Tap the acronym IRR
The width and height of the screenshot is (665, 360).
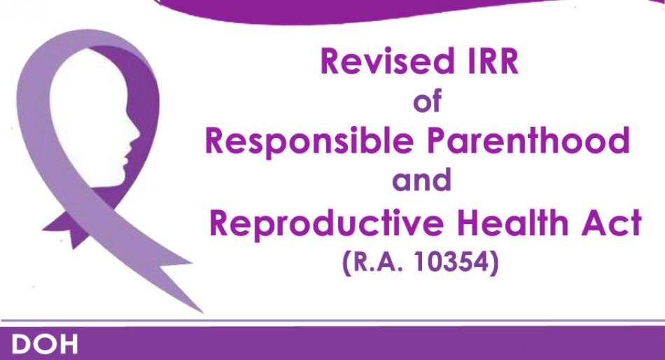coord(493,61)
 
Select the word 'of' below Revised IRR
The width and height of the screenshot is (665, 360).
coord(428,100)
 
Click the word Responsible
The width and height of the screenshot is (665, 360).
coord(309,141)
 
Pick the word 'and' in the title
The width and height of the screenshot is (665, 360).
coord(421,179)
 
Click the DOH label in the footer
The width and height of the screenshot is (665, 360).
coord(45,345)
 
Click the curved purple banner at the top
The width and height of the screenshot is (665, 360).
coord(365,11)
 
